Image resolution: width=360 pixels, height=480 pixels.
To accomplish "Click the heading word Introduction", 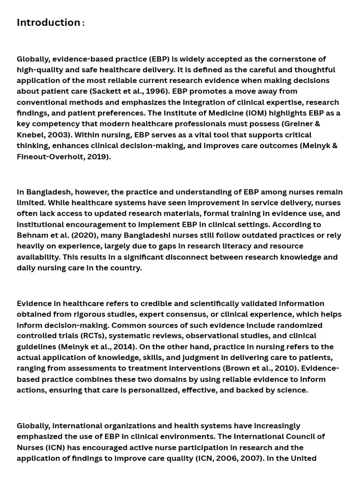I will click(x=48, y=22).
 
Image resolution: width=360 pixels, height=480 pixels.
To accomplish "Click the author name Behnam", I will click(x=34, y=235).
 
